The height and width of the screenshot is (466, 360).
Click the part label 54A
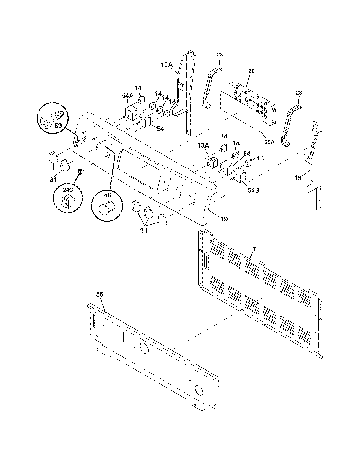(128, 96)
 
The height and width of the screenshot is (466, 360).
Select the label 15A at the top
(166, 64)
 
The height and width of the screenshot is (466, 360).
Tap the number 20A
(269, 142)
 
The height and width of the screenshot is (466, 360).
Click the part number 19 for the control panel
(224, 219)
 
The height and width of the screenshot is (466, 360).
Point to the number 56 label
(100, 294)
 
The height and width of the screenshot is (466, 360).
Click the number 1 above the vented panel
(254, 248)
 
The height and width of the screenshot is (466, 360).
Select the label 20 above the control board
(251, 71)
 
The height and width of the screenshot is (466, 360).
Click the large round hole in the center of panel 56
(143, 349)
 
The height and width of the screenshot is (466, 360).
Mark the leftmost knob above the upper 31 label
(52, 157)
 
